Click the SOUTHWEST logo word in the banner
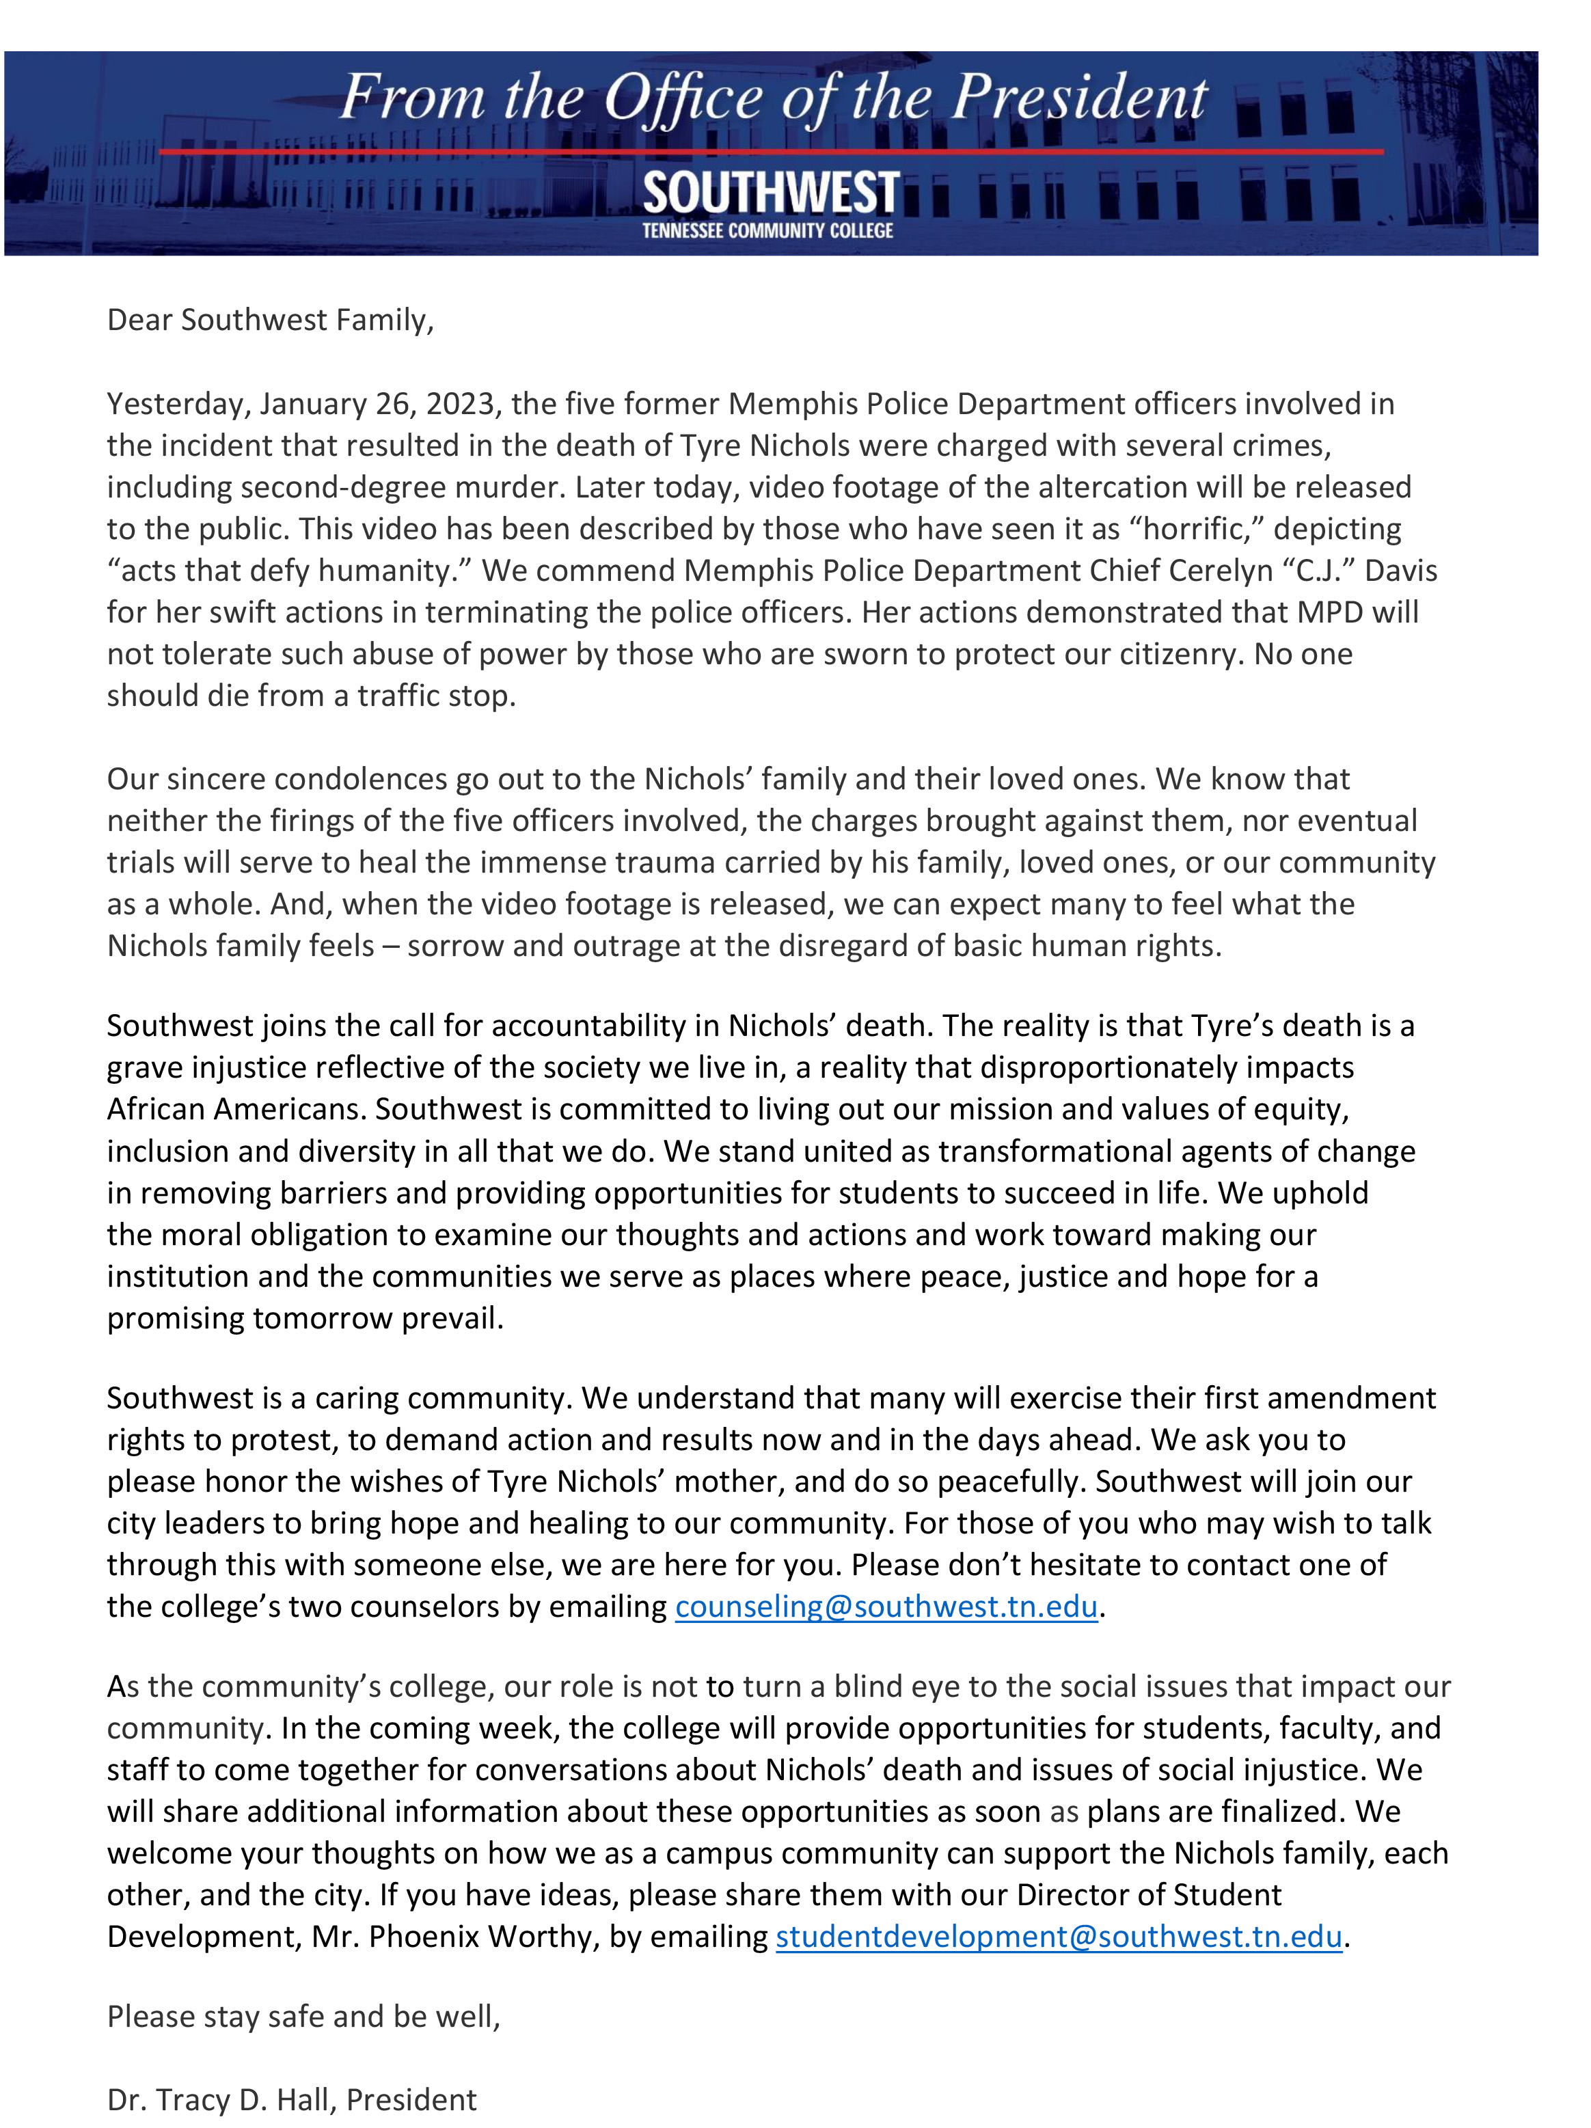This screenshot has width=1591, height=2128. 770,193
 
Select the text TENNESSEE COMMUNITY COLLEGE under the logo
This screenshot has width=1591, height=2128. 767,231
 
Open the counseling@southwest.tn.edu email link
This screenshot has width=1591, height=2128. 886,1607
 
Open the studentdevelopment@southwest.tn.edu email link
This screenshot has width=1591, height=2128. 1058,1937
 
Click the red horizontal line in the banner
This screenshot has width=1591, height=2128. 385,152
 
